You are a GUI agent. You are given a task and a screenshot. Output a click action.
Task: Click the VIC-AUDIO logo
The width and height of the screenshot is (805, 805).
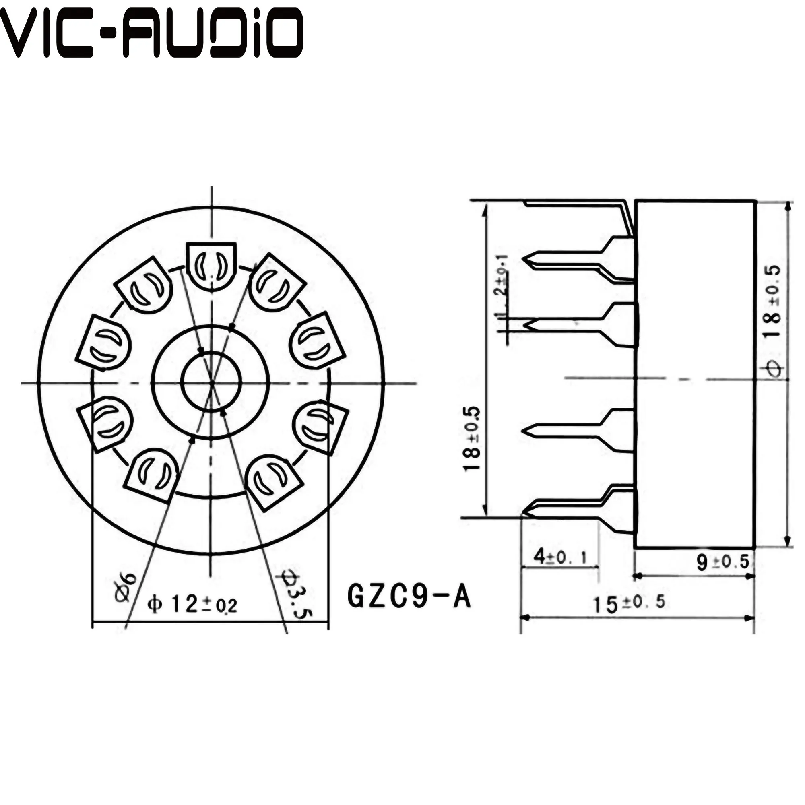(151, 33)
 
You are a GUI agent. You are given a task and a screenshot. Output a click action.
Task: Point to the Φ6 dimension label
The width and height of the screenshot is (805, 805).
(126, 588)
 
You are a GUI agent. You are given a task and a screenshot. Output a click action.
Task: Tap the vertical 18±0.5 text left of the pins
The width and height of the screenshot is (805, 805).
(473, 440)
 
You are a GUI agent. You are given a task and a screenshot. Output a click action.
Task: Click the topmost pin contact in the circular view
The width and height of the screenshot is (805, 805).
(211, 266)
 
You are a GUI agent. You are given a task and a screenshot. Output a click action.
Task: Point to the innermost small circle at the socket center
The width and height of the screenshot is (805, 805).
(211, 381)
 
